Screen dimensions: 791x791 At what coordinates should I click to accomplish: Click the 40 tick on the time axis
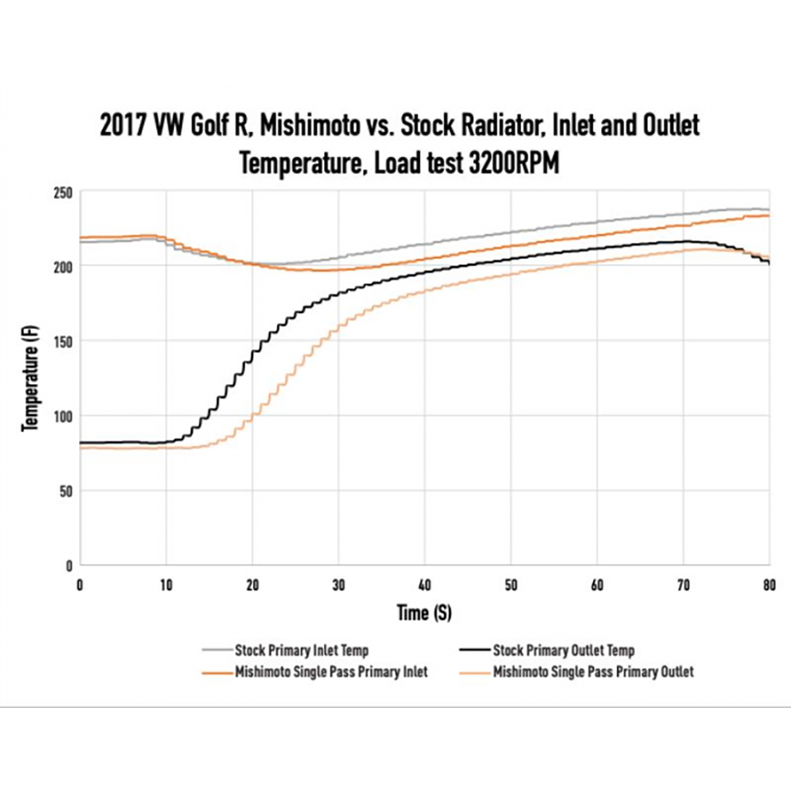point(425,585)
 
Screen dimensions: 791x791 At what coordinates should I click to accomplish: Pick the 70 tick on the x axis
point(683,585)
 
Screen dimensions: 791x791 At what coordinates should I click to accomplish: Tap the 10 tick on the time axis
point(166,585)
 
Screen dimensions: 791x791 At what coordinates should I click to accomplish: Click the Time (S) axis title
point(424,612)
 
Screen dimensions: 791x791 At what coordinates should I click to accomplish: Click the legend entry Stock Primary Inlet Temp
point(301,651)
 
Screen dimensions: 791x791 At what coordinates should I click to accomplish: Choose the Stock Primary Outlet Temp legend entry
point(563,651)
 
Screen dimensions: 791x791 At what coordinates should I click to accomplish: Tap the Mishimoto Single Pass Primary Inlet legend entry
point(331,672)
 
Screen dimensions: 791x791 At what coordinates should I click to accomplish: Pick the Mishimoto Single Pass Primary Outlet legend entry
point(593,672)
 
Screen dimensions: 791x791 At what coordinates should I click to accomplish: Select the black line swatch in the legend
point(473,651)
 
